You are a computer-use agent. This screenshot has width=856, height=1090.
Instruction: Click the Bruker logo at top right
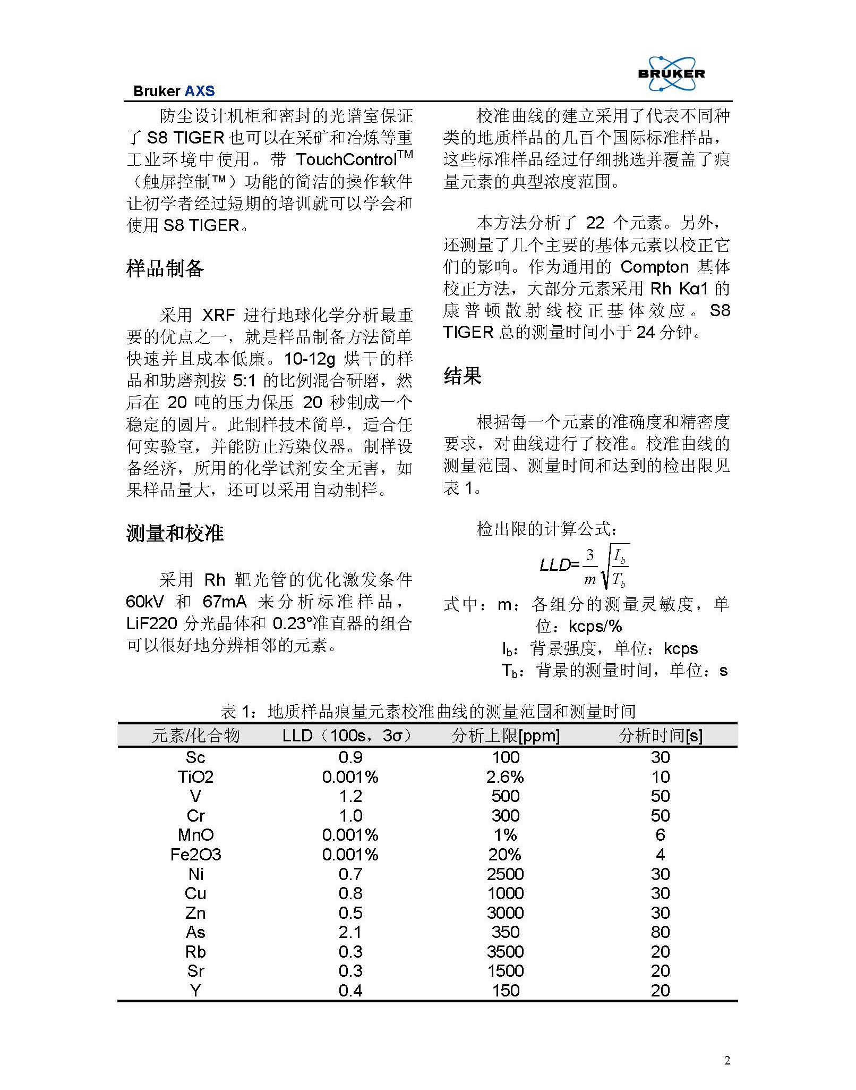[671, 74]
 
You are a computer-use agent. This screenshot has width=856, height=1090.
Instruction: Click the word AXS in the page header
[199, 91]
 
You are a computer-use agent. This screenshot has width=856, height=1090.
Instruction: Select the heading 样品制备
[165, 269]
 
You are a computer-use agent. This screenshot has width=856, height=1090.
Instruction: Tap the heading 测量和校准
[175, 533]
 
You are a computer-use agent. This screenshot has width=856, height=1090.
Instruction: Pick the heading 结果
[462, 376]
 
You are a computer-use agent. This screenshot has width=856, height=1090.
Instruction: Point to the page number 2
[727, 1061]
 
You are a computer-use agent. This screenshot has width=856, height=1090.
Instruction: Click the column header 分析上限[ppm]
[505, 736]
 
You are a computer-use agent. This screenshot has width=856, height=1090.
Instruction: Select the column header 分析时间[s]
[660, 736]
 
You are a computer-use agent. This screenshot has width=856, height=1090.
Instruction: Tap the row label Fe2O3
[195, 855]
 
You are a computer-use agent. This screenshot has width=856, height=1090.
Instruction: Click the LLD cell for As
[350, 932]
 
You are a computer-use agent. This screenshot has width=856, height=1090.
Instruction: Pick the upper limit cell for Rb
[505, 952]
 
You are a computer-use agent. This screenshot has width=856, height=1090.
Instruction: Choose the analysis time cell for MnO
[660, 835]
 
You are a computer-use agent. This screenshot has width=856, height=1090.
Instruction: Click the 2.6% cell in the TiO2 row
[505, 777]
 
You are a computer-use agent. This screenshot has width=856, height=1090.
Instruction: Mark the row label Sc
[195, 757]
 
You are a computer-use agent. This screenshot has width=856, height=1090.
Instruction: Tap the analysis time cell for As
[660, 932]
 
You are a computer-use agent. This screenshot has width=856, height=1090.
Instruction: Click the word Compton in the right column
[654, 267]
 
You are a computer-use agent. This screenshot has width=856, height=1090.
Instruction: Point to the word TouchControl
[346, 159]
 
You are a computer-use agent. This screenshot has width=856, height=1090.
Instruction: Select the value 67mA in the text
[225, 602]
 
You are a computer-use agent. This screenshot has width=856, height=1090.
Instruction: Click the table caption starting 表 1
[428, 711]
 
